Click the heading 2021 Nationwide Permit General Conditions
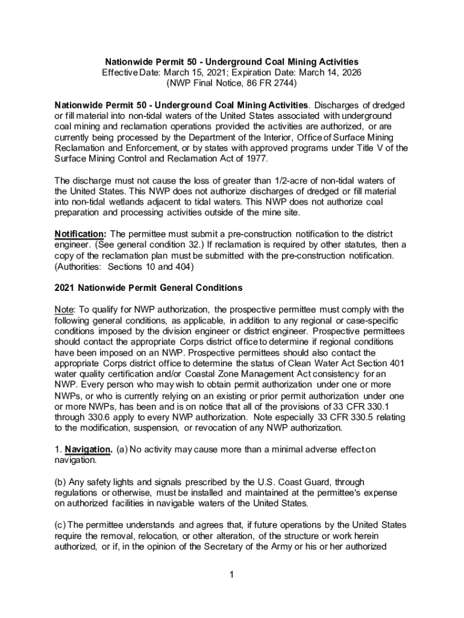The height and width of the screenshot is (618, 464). point(148,287)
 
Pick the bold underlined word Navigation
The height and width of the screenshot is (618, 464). point(88,449)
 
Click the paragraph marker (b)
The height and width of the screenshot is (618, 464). point(60,482)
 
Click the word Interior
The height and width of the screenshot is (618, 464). point(262,138)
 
